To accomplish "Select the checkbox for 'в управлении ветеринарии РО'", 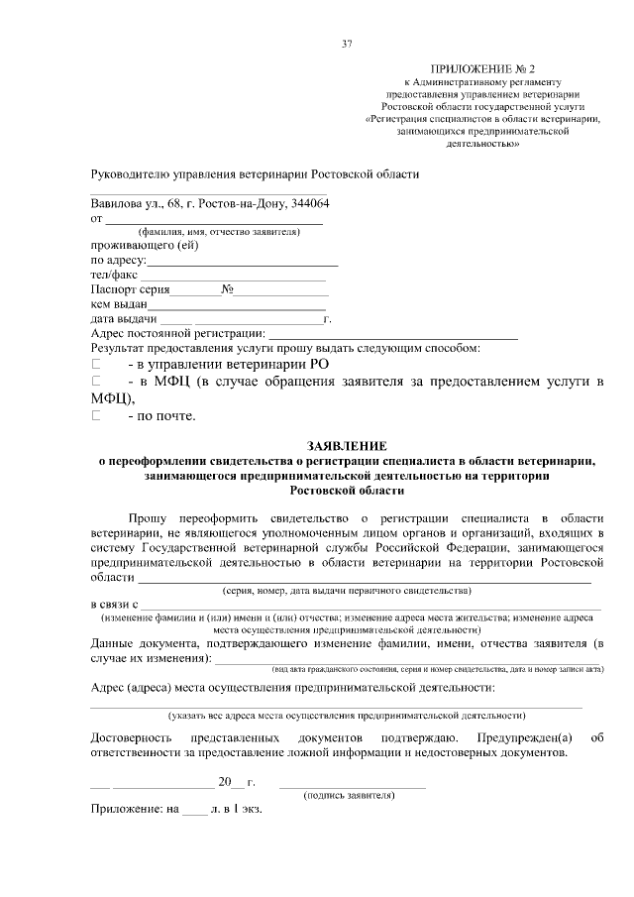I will [96, 365].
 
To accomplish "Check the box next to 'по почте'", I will [96, 415].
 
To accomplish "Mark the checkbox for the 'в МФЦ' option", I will [96, 382].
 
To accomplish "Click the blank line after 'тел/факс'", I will [232, 276].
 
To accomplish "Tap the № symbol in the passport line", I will [227, 290].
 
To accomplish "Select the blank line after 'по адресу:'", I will [243, 262].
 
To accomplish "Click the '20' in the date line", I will [225, 782].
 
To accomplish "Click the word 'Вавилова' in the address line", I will [118, 203].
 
